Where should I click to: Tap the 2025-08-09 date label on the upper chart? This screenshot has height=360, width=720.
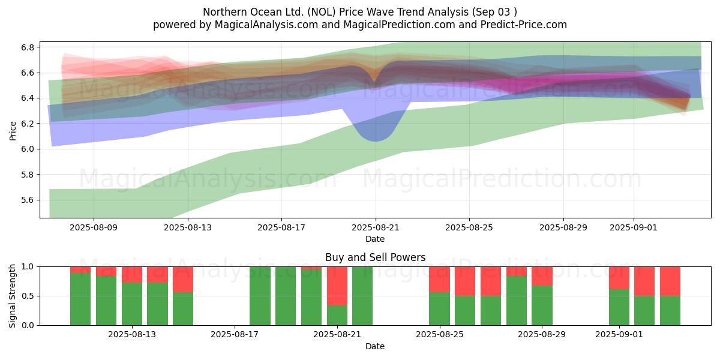[x=94, y=227]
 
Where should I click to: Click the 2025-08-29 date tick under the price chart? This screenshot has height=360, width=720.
[x=563, y=227]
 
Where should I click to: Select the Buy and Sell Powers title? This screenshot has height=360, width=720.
[x=375, y=257]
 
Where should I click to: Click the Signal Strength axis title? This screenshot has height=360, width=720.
[x=13, y=295]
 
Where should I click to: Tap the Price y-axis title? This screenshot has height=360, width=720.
[x=13, y=130]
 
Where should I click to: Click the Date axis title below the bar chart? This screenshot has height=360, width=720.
[x=375, y=346]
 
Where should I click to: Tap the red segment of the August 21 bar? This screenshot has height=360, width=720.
[x=337, y=286]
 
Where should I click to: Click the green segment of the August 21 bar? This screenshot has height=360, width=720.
[x=337, y=315]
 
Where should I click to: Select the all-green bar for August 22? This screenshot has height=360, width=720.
[x=362, y=296]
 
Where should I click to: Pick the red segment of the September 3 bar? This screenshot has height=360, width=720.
[x=670, y=281]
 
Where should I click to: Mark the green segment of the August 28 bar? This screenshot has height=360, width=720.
[x=517, y=300]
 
